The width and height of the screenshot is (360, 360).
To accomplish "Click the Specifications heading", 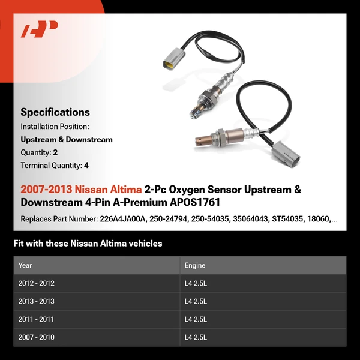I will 55,112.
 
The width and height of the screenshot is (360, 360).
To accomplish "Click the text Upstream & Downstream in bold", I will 67,140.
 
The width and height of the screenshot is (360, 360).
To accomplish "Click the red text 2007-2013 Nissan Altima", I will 81,190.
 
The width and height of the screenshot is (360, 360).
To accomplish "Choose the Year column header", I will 25,265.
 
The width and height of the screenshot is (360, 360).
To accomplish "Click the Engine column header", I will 195,265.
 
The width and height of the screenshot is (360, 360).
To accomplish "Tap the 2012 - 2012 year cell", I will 36,283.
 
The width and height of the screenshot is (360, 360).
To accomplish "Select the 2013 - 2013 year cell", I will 36,301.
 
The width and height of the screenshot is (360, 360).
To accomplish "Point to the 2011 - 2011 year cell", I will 36,319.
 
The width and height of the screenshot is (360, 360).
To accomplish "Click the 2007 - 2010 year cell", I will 36,337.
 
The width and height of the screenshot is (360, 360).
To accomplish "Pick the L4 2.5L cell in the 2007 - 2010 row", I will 196,337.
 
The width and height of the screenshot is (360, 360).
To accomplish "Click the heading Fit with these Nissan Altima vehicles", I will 88,244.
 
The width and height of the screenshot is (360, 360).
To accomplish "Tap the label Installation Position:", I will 55,127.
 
